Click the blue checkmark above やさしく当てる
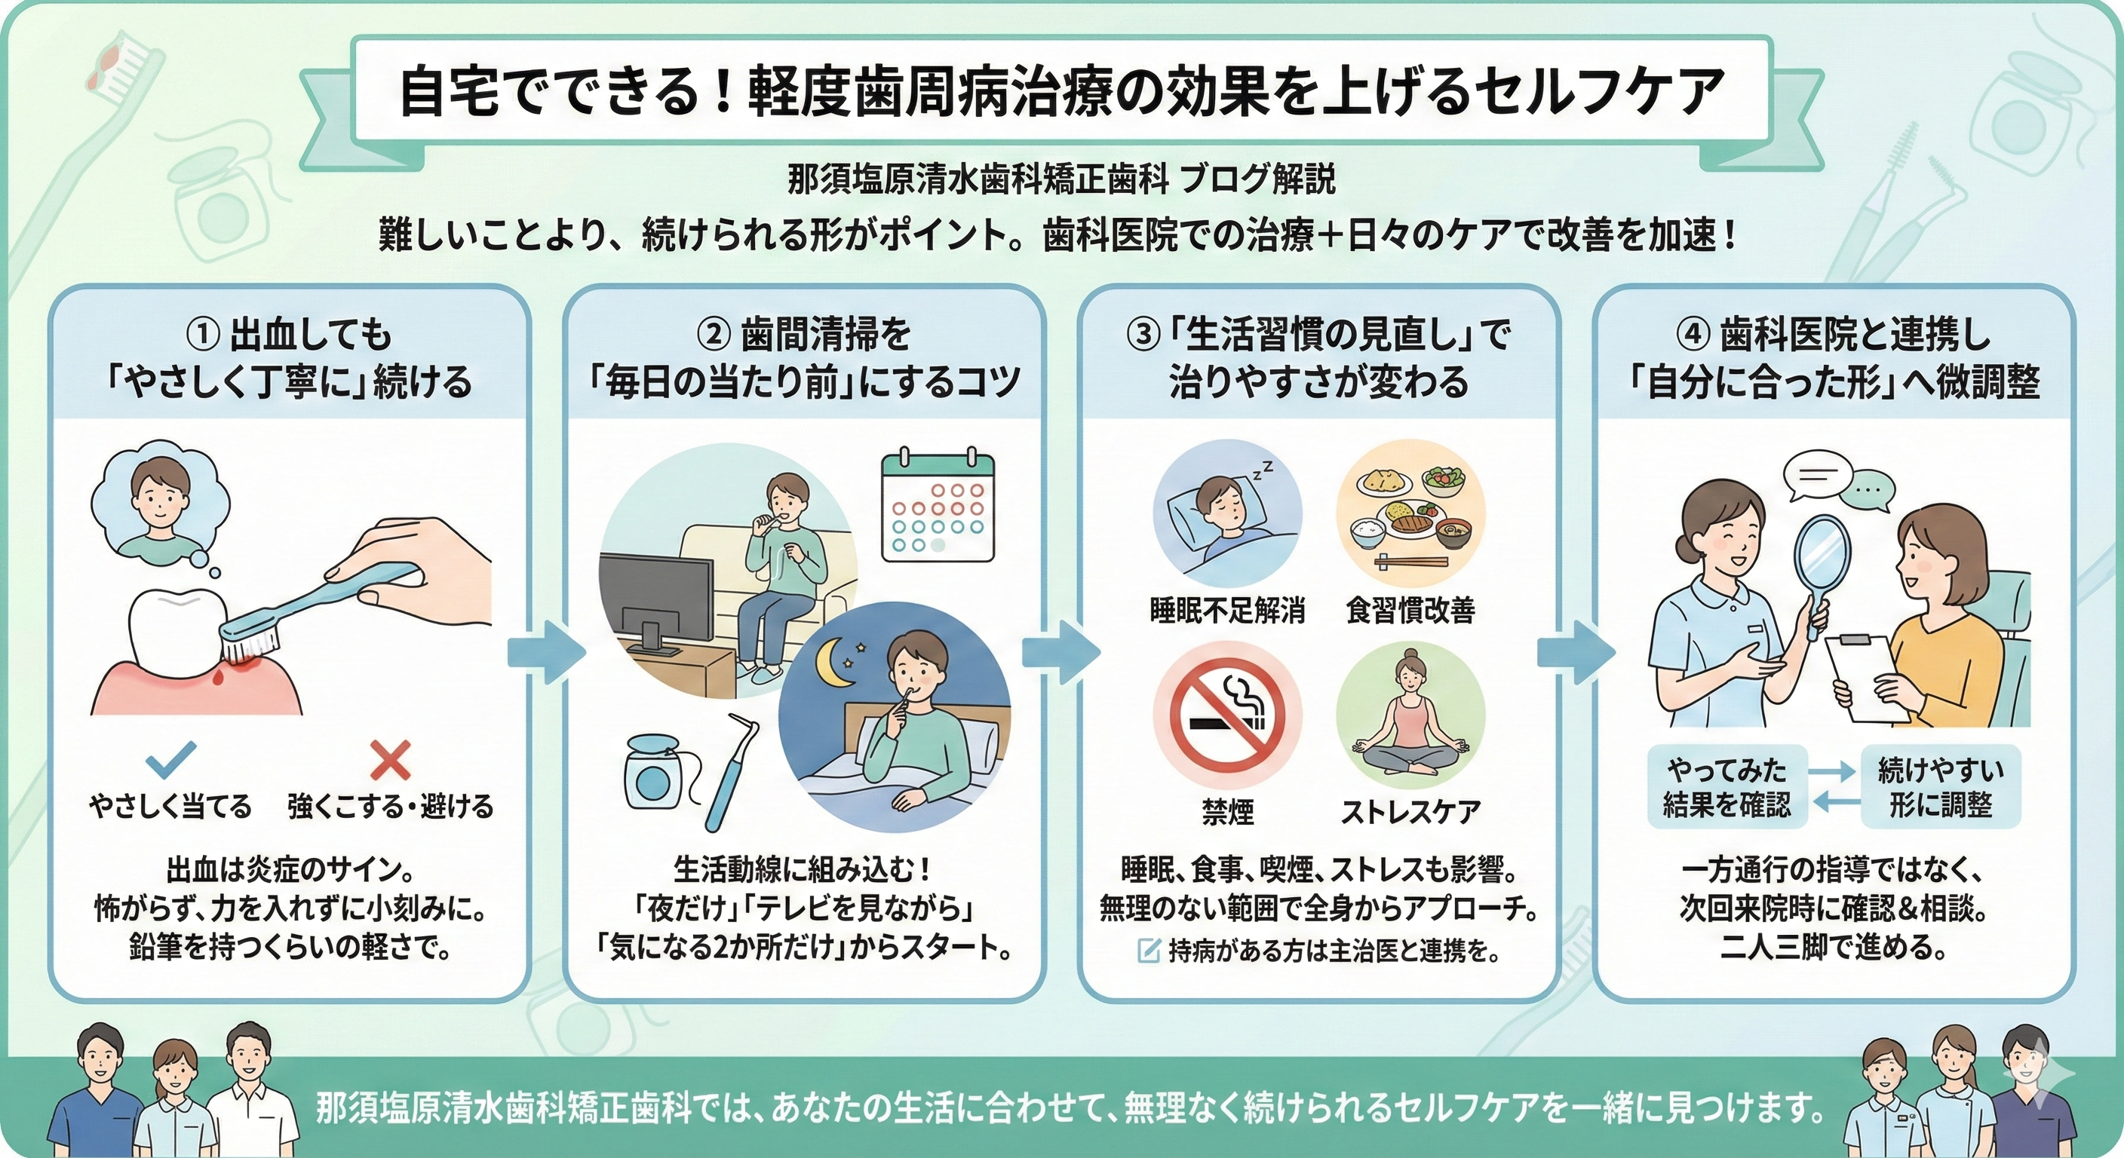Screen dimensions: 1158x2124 tap(170, 760)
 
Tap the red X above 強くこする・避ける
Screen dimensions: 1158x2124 tap(390, 760)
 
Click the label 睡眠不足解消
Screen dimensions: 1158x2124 tap(1227, 611)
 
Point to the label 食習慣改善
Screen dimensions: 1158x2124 tap(1410, 611)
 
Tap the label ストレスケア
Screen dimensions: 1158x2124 tap(1410, 813)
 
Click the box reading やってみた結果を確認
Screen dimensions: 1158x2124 tap(1727, 786)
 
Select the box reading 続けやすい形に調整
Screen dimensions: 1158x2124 tap(1941, 786)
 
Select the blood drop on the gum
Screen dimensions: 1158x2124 tap(218, 678)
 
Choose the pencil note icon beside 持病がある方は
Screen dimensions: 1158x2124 tap(1148, 951)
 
